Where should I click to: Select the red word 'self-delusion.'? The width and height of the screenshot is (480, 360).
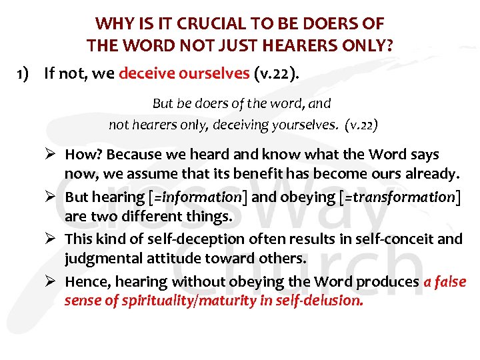click(325, 301)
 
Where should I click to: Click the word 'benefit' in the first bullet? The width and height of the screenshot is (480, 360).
click(242, 175)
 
